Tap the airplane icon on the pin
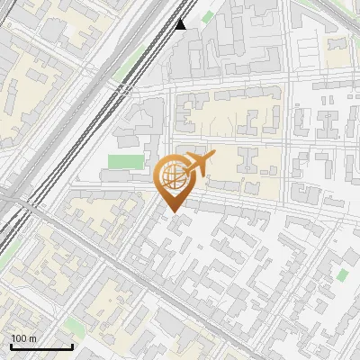(x=199, y=164)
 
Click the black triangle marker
(x=181, y=24)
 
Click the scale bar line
(x=40, y=347)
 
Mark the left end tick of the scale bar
(x=10, y=346)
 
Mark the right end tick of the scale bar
(x=72, y=346)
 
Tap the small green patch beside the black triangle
(x=207, y=16)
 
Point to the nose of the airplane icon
(x=214, y=155)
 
